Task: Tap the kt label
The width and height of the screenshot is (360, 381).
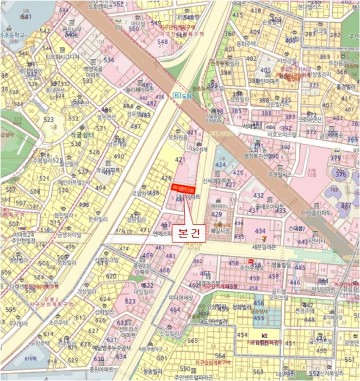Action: (x=265, y=336)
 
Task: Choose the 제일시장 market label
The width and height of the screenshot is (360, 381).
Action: (x=221, y=231)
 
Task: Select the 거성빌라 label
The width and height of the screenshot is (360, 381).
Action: (x=86, y=291)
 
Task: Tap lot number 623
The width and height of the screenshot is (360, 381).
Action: (x=130, y=300)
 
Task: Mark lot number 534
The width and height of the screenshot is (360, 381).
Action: (x=108, y=60)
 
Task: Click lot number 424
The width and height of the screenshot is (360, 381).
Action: (x=220, y=163)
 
